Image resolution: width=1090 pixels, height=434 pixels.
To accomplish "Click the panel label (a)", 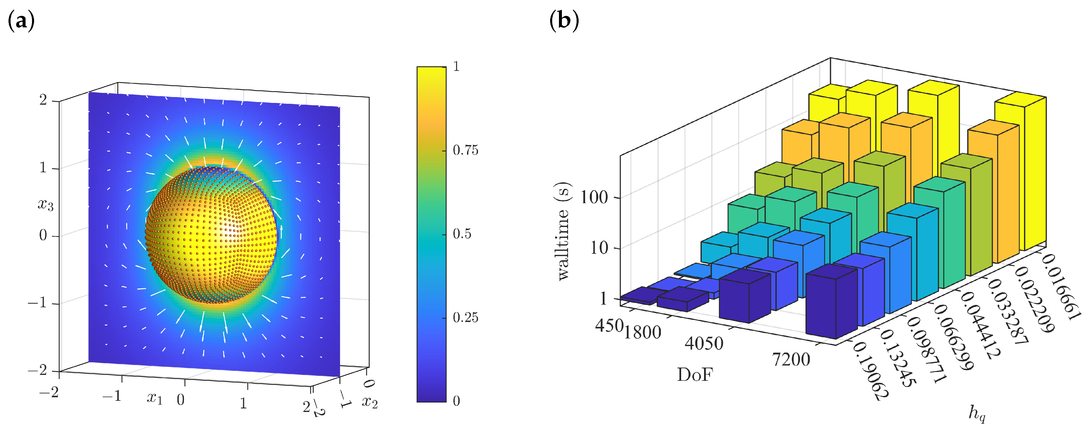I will tap(21, 21).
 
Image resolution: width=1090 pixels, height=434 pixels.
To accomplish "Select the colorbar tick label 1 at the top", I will tap(456, 66).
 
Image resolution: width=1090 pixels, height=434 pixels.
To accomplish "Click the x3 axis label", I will tap(46, 205).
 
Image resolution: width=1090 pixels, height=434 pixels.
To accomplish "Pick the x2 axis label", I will tap(370, 401).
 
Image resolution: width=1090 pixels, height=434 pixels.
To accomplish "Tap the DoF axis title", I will tap(695, 375).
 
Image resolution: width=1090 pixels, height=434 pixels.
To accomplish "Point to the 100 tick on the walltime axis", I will tap(594, 197).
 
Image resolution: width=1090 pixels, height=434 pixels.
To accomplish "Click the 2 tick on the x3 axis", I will tap(43, 100).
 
